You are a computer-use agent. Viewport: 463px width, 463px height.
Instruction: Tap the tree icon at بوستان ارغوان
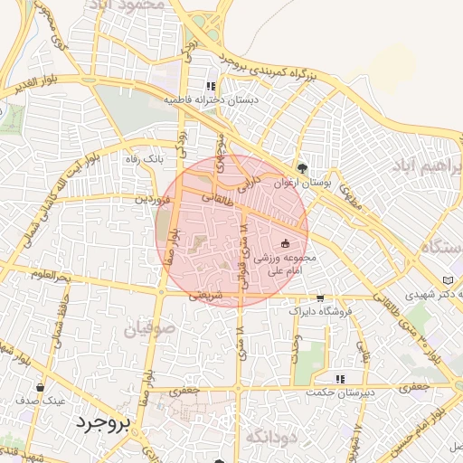pyautogui.click(x=302, y=167)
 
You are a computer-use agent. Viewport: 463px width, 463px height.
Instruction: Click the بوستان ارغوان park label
pyautogui.click(x=302, y=182)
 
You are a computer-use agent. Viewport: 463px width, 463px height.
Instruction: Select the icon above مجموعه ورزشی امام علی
pyautogui.click(x=286, y=242)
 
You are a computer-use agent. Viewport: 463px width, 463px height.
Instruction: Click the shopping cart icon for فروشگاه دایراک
pyautogui.click(x=319, y=298)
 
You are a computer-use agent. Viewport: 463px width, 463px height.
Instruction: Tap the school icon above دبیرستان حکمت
pyautogui.click(x=340, y=379)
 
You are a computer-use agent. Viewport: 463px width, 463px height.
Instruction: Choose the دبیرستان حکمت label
pyautogui.click(x=339, y=392)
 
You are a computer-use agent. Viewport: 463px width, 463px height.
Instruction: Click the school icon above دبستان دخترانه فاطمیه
pyautogui.click(x=212, y=87)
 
